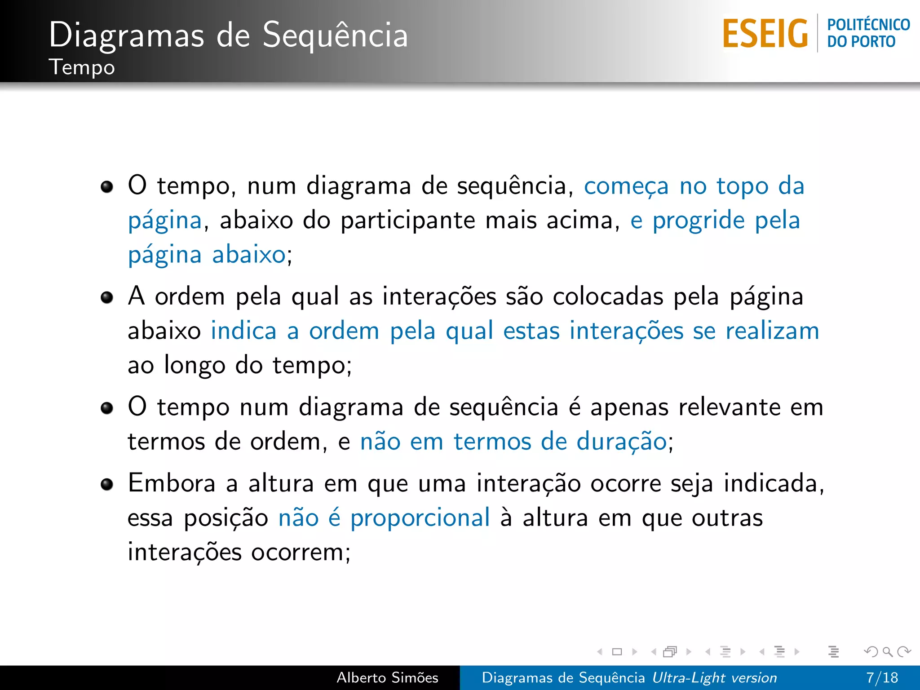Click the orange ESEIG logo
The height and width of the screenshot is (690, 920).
tap(765, 33)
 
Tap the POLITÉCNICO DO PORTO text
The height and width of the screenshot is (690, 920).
tap(868, 33)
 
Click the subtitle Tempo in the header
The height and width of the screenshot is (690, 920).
tap(82, 67)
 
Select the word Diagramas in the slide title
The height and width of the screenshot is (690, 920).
tap(126, 35)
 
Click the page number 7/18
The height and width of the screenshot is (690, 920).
tap(882, 677)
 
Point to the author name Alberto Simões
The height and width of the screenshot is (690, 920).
tap(387, 677)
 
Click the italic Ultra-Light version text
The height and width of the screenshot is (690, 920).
tap(714, 677)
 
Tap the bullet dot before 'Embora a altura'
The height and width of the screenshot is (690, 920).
tap(107, 484)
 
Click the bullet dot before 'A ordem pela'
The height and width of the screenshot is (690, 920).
tap(107, 297)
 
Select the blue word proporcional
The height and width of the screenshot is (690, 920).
tap(420, 518)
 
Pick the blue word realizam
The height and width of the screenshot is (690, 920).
tap(772, 331)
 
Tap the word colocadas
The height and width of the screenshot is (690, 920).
tap(608, 297)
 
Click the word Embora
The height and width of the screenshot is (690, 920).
tap(172, 484)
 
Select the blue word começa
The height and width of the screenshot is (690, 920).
tap(626, 186)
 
